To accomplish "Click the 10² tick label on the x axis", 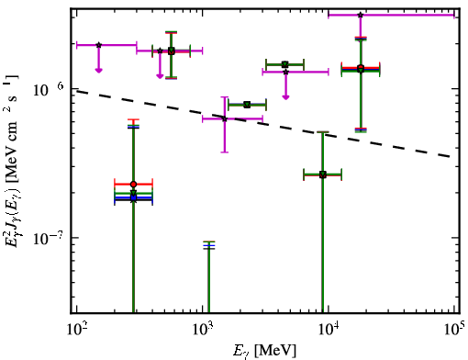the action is (x=76, y=330).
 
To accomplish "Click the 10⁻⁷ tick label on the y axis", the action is (x=50, y=238).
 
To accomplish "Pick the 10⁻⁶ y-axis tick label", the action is (x=50, y=89).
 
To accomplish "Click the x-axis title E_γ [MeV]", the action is (x=264, y=351).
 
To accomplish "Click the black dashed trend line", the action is (x=264, y=123).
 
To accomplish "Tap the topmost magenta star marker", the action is (x=361, y=15).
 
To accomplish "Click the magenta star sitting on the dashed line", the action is (x=225, y=118).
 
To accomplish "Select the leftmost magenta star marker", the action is (x=98, y=45).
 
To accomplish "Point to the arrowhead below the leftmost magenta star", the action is (x=98, y=71).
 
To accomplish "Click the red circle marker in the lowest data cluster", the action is (x=133, y=185).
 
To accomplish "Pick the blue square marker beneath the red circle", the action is (x=133, y=198).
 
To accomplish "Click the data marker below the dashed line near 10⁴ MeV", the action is (x=322, y=174).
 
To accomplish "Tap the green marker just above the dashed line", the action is (x=247, y=105).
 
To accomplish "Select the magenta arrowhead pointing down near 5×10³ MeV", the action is (x=285, y=97).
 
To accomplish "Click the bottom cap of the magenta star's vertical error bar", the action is (x=225, y=152).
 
